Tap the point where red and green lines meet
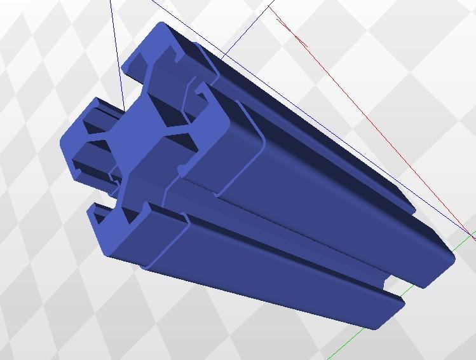[473, 237]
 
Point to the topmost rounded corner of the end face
[162, 27]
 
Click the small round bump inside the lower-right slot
[182, 170]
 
